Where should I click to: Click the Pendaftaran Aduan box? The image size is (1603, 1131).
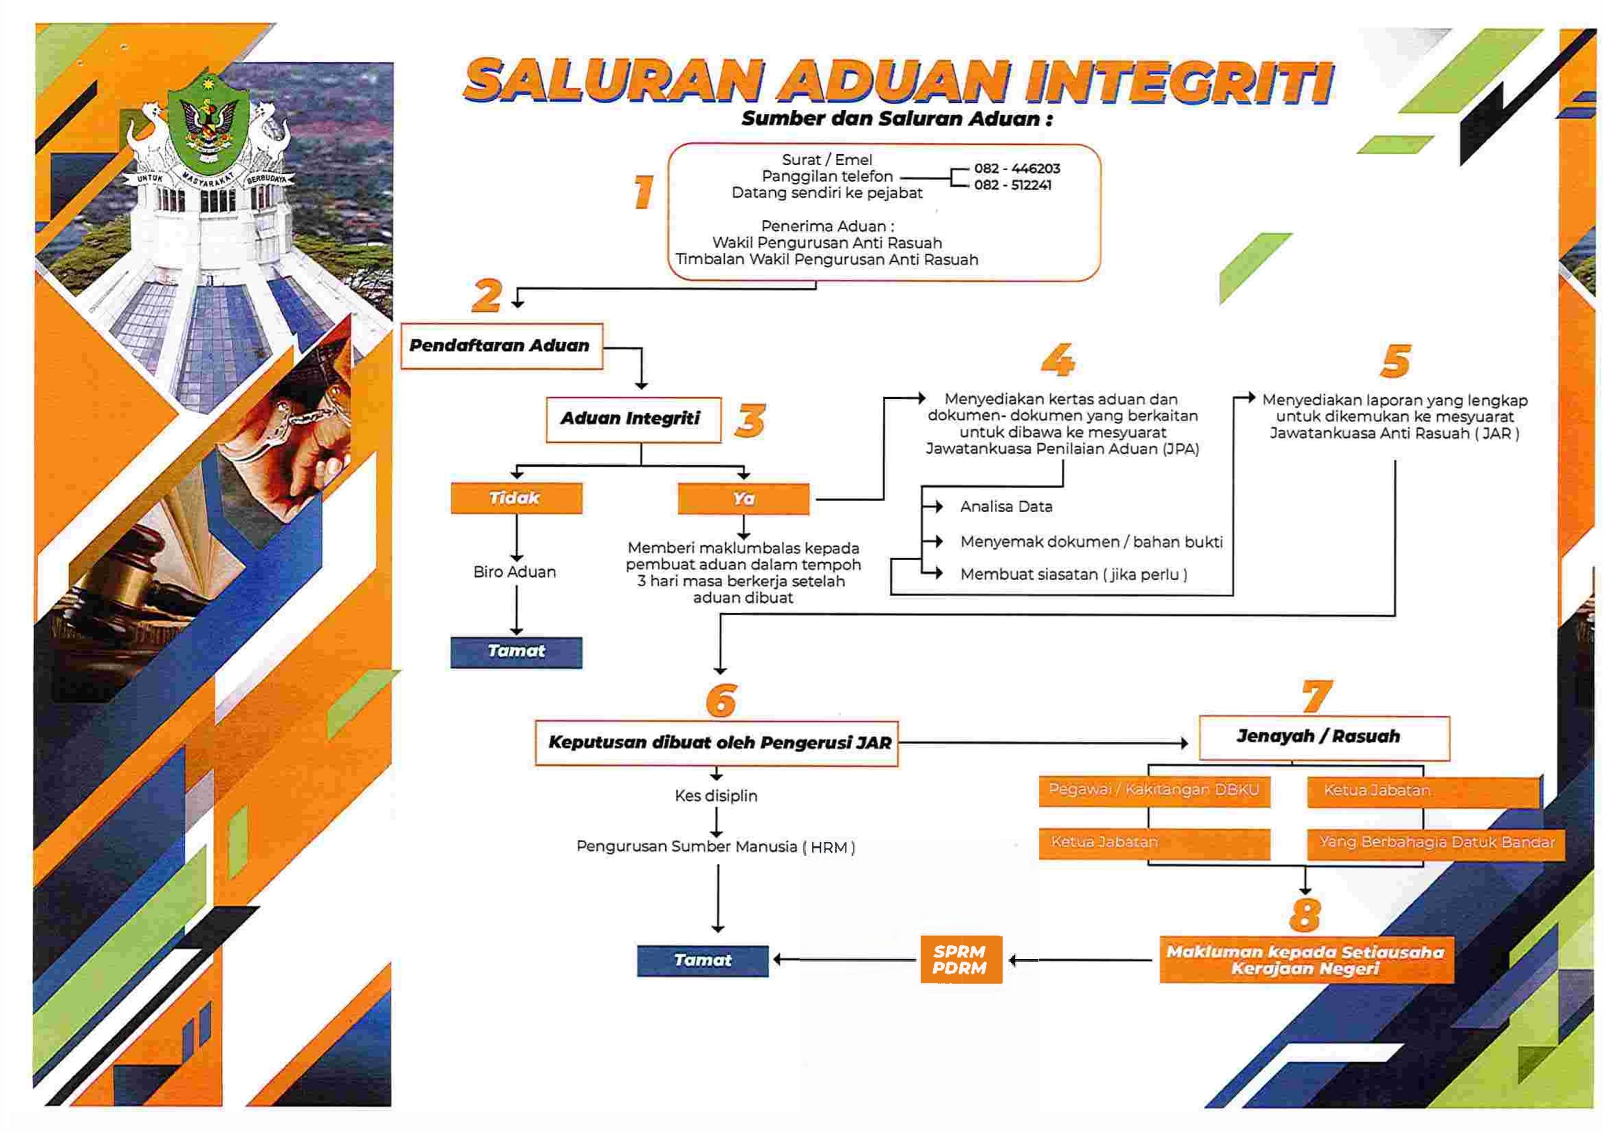pyautogui.click(x=501, y=346)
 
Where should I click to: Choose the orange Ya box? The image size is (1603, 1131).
pyautogui.click(x=743, y=499)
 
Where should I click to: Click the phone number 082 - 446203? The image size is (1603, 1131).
pyautogui.click(x=1016, y=169)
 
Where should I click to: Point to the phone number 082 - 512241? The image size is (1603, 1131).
pyautogui.click(x=1012, y=185)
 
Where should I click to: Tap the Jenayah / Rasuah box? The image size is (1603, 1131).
pyautogui.click(x=1324, y=737)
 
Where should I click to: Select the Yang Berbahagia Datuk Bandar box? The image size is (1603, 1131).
pyautogui.click(x=1436, y=843)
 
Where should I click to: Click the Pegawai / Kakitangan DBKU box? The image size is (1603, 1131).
pyautogui.click(x=1154, y=791)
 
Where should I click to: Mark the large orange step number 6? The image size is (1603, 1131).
pyautogui.click(x=721, y=700)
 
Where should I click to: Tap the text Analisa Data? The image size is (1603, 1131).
pyautogui.click(x=1006, y=507)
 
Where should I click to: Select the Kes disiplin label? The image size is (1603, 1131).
pyautogui.click(x=716, y=796)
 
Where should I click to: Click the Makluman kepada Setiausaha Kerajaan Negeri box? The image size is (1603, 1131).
pyautogui.click(x=1305, y=961)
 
